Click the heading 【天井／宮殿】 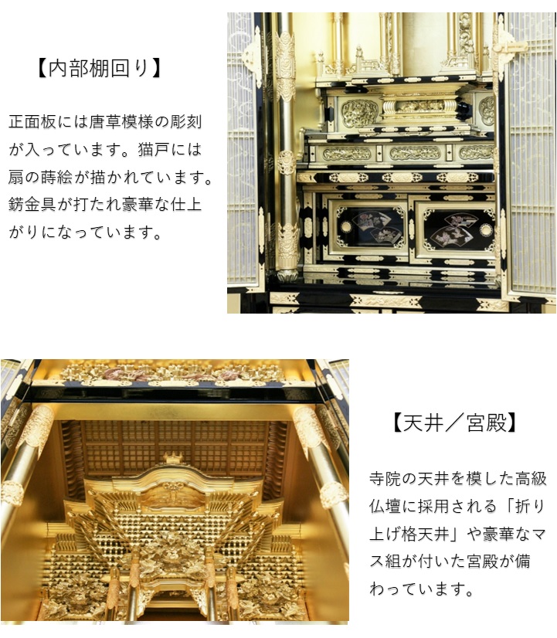click(454, 423)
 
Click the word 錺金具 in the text click(32, 205)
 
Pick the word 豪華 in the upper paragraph click(137, 205)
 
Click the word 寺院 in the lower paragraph click(385, 479)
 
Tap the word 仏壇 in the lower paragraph click(385, 506)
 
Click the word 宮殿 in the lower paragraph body click(482, 562)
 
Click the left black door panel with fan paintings click(369, 229)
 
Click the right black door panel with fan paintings click(456, 229)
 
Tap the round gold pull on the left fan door click(346, 227)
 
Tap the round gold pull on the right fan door click(485, 229)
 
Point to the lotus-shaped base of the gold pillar click(287, 275)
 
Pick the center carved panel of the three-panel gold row click(415, 153)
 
